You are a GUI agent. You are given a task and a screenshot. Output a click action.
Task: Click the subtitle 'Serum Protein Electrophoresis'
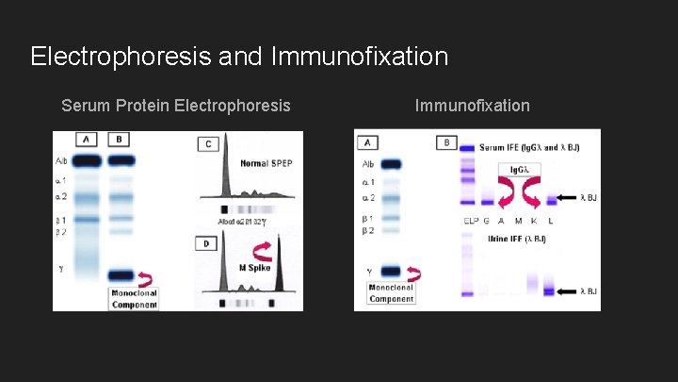click(x=176, y=106)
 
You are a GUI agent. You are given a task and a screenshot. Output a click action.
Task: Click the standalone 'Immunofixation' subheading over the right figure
click(x=473, y=106)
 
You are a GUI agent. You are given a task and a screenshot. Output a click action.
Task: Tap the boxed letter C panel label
click(x=207, y=144)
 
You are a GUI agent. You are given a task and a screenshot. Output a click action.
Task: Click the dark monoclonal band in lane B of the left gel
click(x=120, y=275)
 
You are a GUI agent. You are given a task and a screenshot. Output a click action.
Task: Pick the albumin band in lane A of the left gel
click(x=87, y=160)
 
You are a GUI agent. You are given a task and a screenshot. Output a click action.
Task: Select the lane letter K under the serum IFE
click(x=534, y=220)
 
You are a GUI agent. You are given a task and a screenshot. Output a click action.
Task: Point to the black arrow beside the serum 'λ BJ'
click(x=566, y=198)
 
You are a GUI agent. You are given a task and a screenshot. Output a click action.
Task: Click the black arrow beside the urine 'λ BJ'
click(x=566, y=291)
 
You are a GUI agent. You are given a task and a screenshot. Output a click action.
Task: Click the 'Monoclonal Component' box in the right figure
click(x=391, y=293)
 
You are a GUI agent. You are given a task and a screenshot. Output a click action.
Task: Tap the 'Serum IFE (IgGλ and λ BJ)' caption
click(x=530, y=148)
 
